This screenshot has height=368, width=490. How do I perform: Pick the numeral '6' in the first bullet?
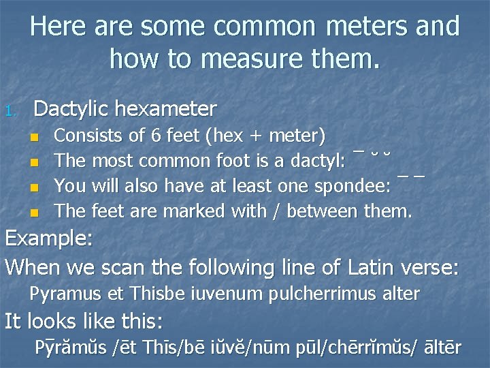point(155,136)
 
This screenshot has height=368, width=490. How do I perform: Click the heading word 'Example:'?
point(50,241)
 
